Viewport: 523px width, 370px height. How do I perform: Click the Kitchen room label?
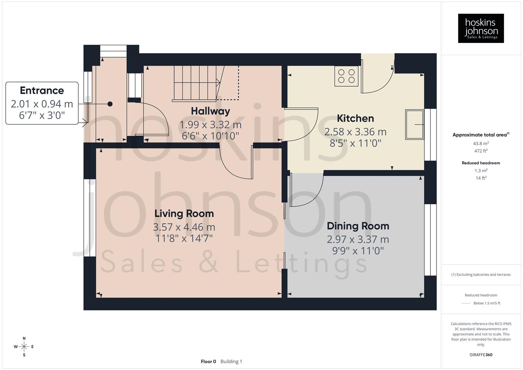[355, 119]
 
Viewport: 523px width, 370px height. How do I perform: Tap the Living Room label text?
[184, 213]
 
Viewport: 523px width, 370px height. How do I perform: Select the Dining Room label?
[358, 226]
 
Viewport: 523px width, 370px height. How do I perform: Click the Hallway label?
[210, 111]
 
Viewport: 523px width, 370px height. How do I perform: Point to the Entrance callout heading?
[42, 90]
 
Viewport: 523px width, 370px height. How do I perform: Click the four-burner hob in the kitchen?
[346, 76]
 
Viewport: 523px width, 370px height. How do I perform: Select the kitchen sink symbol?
[414, 124]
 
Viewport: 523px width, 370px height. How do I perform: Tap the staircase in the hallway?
[195, 84]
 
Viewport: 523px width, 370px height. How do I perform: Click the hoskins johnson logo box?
[481, 28]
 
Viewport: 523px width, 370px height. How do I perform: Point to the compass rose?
[24, 347]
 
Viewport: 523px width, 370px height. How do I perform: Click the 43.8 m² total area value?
[481, 144]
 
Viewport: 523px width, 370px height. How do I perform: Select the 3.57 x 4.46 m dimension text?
[184, 227]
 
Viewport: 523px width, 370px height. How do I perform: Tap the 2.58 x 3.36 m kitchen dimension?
[355, 132]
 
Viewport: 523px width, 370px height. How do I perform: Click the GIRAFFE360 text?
[481, 355]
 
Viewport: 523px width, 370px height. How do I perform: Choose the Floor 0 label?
[208, 361]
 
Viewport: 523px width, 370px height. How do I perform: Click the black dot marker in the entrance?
[110, 104]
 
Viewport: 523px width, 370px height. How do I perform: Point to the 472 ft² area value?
[481, 151]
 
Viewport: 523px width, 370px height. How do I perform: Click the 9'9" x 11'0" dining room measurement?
[358, 251]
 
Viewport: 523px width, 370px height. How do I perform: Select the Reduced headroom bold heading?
[481, 163]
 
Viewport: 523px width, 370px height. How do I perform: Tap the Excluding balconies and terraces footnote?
[481, 274]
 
